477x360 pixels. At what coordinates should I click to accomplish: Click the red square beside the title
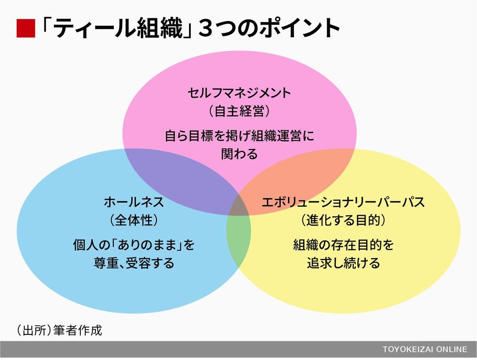26,28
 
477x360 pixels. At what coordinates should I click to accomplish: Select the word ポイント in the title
300,28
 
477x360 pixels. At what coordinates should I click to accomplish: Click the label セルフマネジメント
239,93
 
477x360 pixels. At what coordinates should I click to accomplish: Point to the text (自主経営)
239,111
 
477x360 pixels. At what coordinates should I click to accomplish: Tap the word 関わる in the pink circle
239,154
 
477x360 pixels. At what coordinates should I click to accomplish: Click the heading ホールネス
134,202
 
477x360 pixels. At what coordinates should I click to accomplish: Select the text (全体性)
134,220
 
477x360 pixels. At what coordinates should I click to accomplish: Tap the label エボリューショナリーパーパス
343,202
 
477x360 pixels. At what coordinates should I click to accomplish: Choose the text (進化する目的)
343,220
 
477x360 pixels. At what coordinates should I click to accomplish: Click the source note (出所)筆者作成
59,330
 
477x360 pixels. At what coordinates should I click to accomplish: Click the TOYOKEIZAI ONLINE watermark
425,349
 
